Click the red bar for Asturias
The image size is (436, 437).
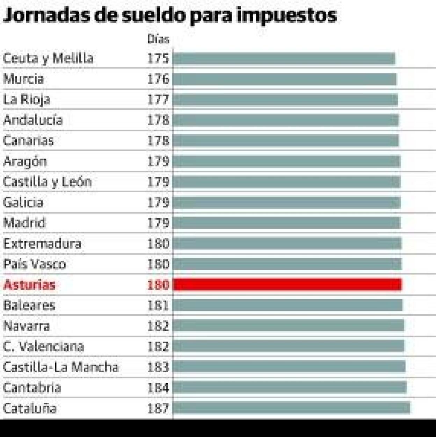tap(287, 285)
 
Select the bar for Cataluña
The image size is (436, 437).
tap(291, 408)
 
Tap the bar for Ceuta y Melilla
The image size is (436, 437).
tap(284, 59)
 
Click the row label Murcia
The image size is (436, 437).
tap(23, 79)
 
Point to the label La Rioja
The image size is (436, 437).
tap(27, 100)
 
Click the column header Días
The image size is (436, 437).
tap(158, 39)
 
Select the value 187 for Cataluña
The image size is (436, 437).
tap(158, 408)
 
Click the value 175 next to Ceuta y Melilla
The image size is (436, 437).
tap(158, 58)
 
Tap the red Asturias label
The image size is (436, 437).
tap(29, 285)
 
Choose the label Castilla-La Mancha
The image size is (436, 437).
tap(61, 367)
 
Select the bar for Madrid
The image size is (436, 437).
tap(286, 223)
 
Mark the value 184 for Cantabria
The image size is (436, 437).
tap(158, 387)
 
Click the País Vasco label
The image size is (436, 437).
tap(35, 264)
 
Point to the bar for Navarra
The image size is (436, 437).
tap(288, 325)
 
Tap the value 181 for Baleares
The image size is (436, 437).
tap(158, 305)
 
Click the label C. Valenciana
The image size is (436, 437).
tap(44, 346)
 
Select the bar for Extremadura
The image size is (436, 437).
tap(287, 243)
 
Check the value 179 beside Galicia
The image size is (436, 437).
tap(158, 202)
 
